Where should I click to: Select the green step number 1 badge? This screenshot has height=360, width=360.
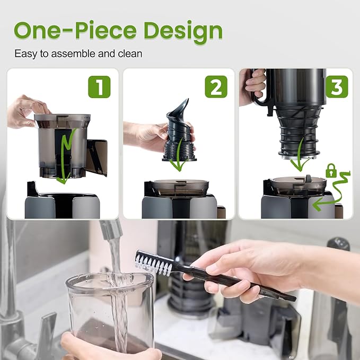[x=99, y=86]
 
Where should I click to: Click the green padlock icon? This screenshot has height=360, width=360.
[x=331, y=171]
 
